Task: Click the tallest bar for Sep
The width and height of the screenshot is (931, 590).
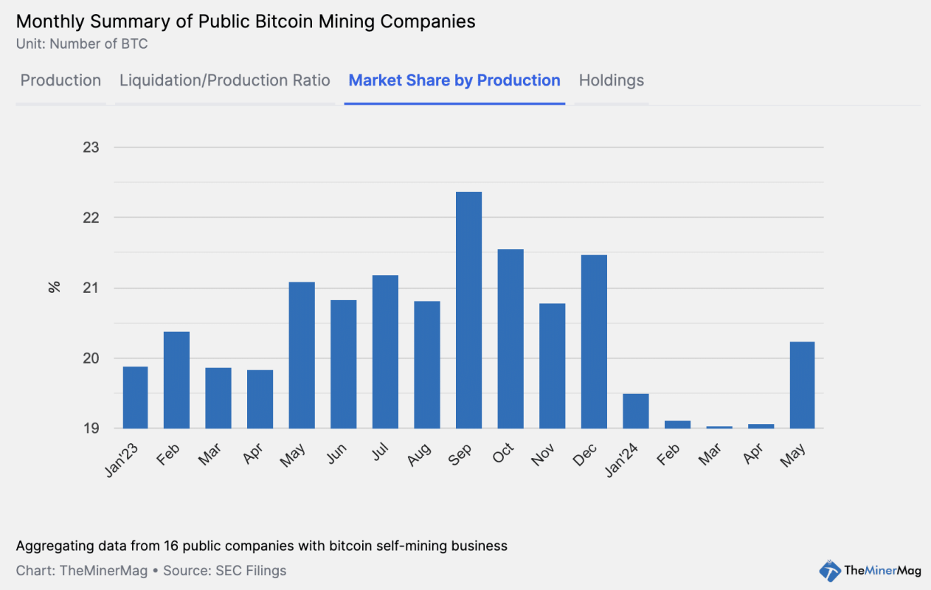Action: (x=469, y=310)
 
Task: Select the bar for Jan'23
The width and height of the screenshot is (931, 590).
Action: (x=135, y=398)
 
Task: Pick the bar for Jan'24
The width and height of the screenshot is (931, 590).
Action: (x=636, y=411)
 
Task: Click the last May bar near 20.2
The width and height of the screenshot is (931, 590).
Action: (x=803, y=385)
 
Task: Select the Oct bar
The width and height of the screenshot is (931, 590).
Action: (x=511, y=339)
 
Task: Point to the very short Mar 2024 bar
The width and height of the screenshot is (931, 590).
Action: (x=719, y=427)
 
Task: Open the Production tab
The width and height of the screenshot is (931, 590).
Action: (x=60, y=80)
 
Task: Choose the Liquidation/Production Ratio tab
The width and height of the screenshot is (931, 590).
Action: (x=225, y=80)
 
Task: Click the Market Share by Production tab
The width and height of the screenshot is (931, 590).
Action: (x=454, y=80)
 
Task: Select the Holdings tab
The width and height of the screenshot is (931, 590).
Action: (x=612, y=80)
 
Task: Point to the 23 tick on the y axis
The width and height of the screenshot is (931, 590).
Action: (x=91, y=147)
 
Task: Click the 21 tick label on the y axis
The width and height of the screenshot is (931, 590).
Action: (x=91, y=288)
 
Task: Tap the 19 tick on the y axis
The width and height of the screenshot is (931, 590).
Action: (x=91, y=428)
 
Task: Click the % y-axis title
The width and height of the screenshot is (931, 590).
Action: (x=54, y=288)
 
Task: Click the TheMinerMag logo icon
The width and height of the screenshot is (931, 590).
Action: (x=830, y=570)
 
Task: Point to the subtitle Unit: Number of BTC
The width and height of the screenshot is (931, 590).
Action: (x=82, y=44)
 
